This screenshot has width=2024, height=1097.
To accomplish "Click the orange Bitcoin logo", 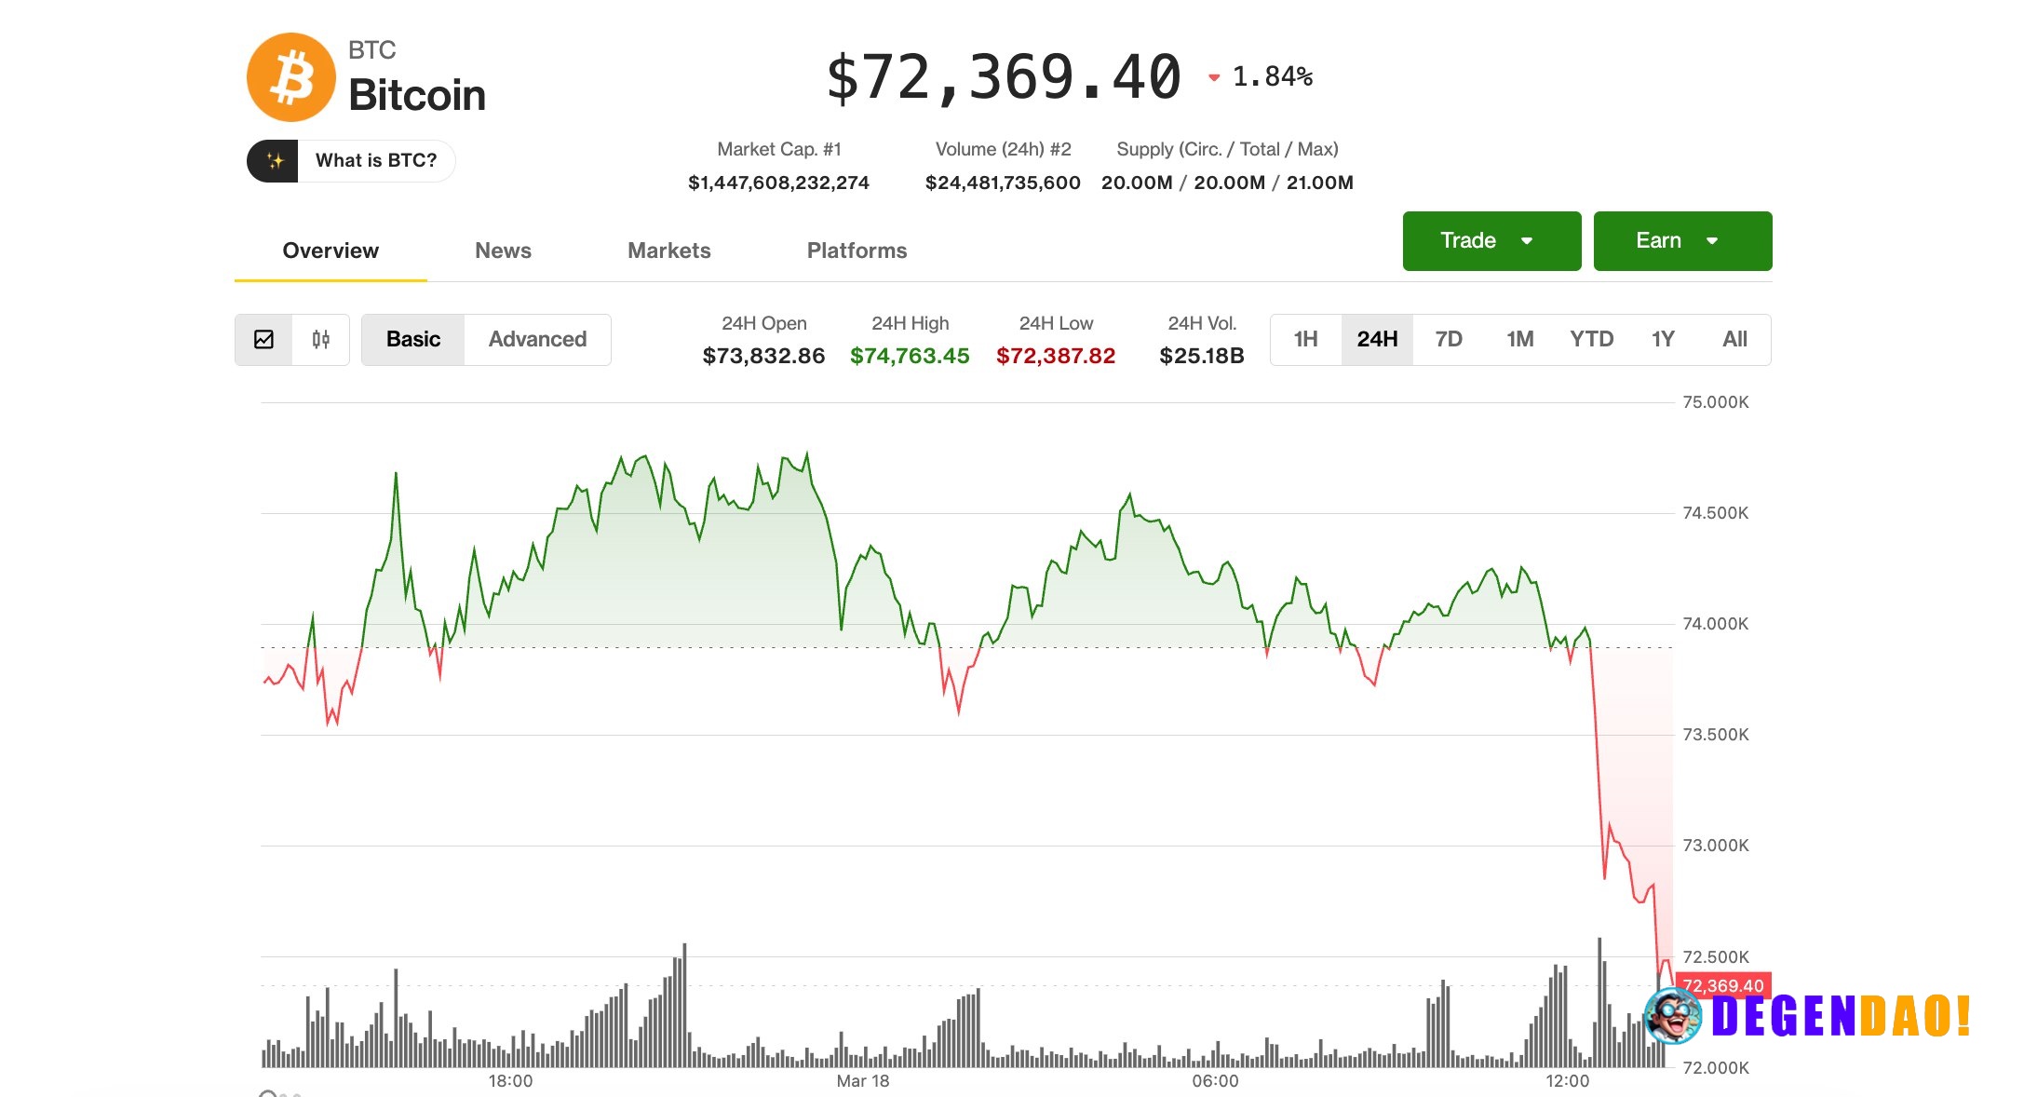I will point(291,77).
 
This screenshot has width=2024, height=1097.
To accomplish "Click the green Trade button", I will point(1491,241).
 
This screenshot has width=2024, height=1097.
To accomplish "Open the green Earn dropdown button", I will point(1681,241).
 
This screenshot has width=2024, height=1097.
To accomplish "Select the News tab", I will point(503,251).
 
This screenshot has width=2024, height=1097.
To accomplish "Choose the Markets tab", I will point(668,251).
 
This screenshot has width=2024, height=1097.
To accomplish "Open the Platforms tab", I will point(857,251).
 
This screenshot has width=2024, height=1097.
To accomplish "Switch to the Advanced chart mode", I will point(537,339).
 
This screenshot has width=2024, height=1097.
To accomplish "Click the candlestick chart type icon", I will point(320,339).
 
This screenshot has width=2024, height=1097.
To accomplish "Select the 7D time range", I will point(1448,339).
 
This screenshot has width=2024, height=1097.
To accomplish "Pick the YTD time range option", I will point(1591,339).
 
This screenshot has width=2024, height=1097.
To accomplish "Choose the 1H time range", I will point(1305,339).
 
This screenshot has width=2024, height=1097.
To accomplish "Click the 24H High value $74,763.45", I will point(910,356).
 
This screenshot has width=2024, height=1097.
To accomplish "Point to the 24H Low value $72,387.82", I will point(1055,356).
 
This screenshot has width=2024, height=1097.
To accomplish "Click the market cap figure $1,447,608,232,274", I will point(778,183).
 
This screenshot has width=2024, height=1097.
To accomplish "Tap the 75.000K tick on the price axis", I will point(1715,402).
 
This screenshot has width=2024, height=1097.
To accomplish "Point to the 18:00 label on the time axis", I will point(510,1081).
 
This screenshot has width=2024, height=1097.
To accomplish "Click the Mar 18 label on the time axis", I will point(862,1081).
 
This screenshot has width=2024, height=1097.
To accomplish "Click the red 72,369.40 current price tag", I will point(1722,985).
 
